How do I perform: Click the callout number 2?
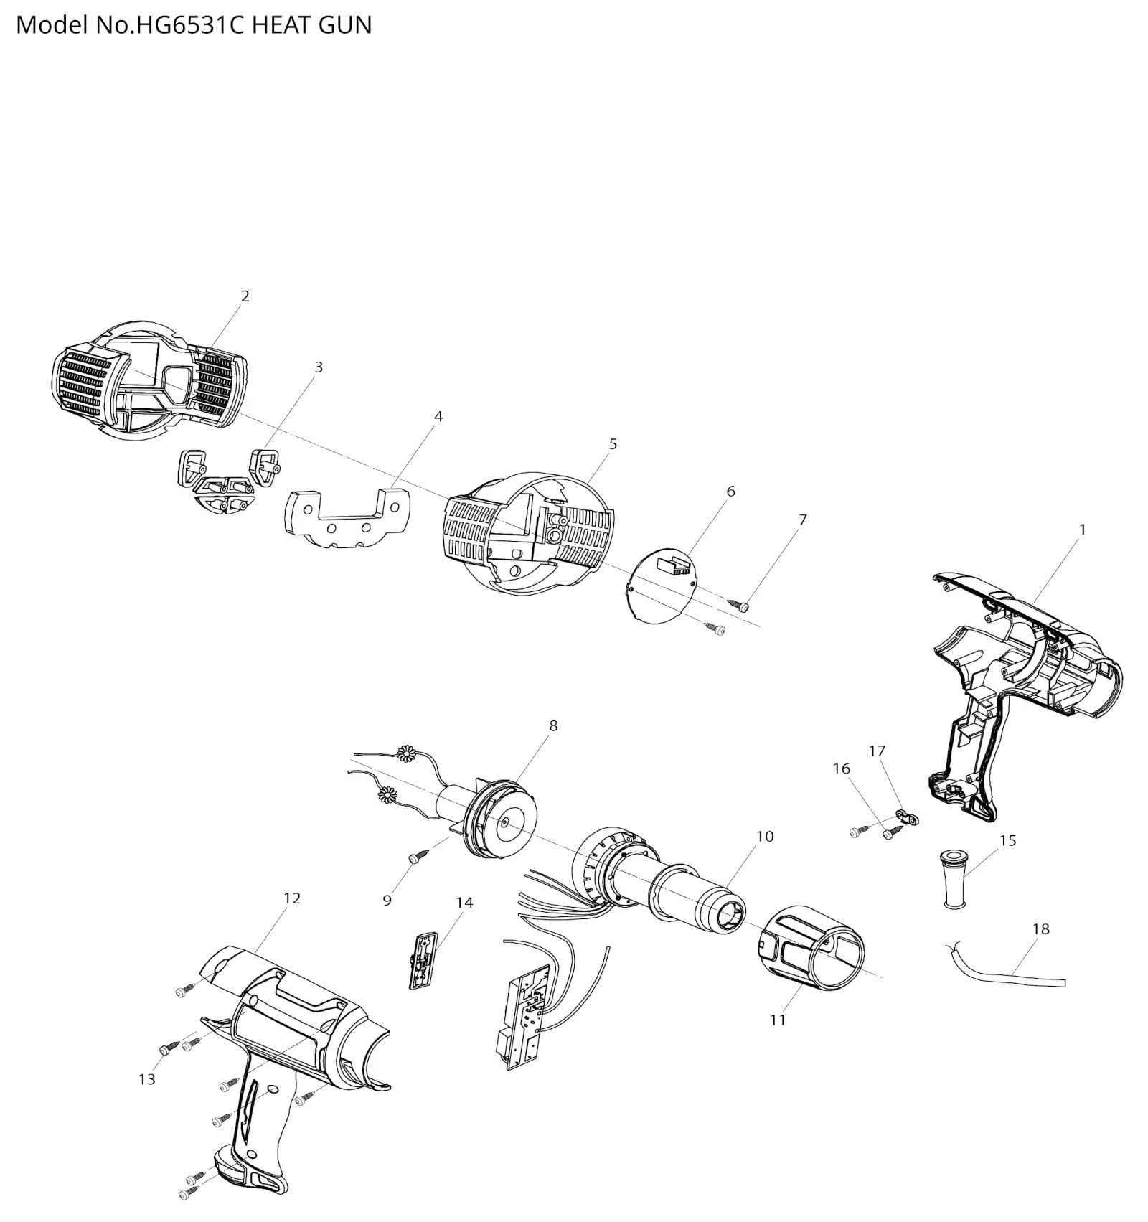tap(245, 296)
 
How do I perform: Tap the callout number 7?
tap(802, 520)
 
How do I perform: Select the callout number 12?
tap(292, 898)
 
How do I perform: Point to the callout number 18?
tap(1040, 929)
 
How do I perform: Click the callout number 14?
tap(464, 902)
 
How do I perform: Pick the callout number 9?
tap(387, 901)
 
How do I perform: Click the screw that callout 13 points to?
tap(166, 1050)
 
